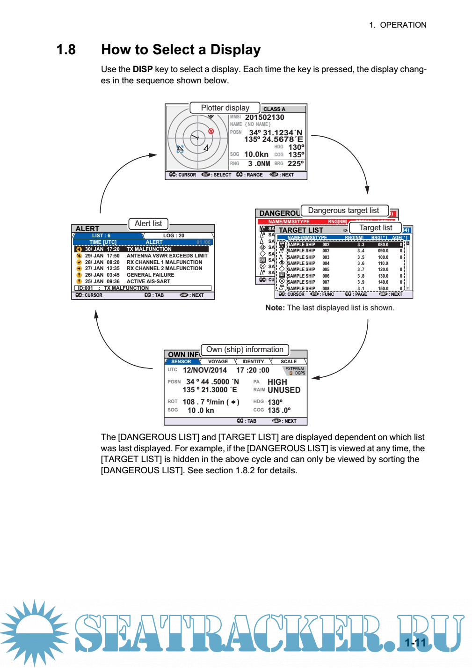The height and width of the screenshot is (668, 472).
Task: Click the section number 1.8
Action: (x=66, y=50)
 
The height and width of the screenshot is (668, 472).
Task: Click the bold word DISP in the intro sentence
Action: (x=143, y=69)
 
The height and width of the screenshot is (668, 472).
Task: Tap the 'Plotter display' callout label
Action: (x=225, y=108)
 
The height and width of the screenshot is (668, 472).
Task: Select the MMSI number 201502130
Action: (x=264, y=117)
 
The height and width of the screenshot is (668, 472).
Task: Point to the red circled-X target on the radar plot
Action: (x=211, y=131)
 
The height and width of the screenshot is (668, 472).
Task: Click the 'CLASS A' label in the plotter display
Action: (x=274, y=109)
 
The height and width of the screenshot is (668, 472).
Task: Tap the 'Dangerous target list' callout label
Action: (x=343, y=211)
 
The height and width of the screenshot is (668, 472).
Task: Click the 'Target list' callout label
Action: (x=376, y=228)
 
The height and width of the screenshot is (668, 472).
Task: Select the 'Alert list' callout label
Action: (x=148, y=224)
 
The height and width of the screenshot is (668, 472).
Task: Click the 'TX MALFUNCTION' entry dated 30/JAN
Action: (x=149, y=250)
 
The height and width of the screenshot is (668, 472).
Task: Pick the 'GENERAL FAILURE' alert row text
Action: (x=150, y=275)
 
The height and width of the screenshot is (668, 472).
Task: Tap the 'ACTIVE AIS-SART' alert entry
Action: (x=148, y=282)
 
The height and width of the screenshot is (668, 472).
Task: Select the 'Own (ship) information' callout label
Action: (x=245, y=350)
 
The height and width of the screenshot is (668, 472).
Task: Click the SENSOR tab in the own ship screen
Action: (x=181, y=362)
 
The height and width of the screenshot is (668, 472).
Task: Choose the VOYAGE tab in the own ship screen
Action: (x=218, y=362)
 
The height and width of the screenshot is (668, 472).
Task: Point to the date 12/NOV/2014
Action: (x=204, y=370)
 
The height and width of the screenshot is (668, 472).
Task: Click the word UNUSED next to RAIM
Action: (x=284, y=390)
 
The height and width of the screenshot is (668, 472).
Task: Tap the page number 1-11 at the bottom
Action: (x=415, y=643)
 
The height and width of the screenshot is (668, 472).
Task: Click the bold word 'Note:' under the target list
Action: (x=275, y=308)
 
